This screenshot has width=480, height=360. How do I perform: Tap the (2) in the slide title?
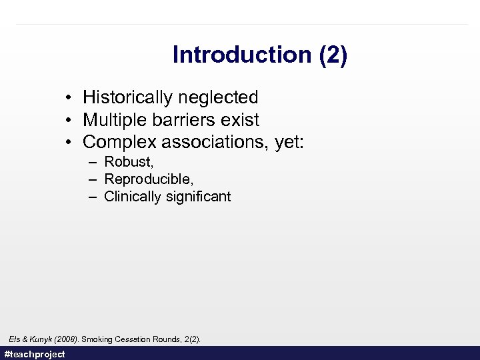click(x=333, y=55)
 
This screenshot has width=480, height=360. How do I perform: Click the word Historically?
click(x=126, y=97)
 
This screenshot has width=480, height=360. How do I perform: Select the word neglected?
click(x=217, y=97)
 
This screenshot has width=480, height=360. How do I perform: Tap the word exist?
click(x=237, y=120)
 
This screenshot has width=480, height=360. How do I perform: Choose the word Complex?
click(x=116, y=143)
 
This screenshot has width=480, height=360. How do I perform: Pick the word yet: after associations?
click(x=289, y=143)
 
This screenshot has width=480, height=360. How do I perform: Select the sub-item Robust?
click(x=129, y=162)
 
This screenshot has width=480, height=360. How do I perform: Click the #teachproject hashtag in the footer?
click(x=35, y=354)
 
